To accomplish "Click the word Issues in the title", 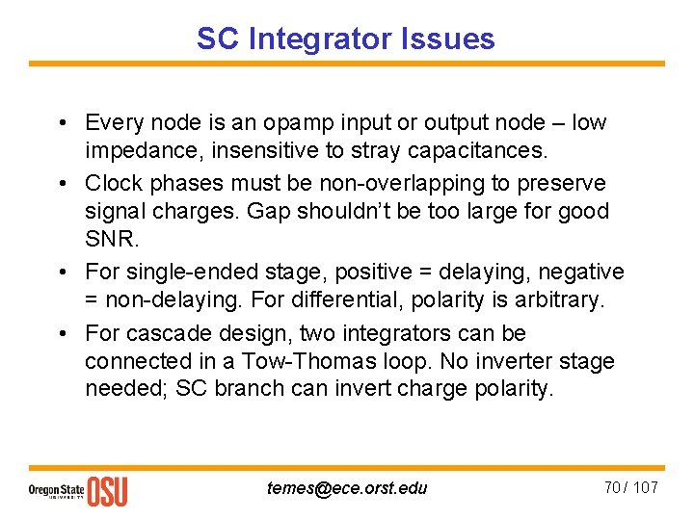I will [x=452, y=39].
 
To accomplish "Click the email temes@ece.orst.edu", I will [x=346, y=487].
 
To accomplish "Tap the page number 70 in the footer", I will [x=612, y=487].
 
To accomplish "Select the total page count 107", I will [x=644, y=487].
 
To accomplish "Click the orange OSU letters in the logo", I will [x=107, y=491].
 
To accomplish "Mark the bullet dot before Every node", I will [x=61, y=123].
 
